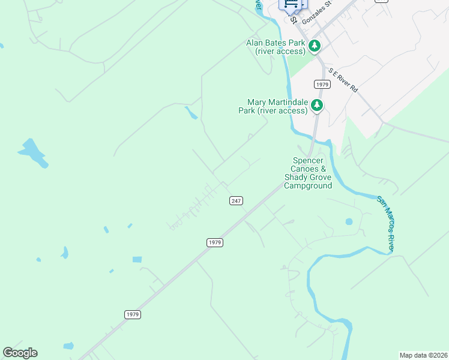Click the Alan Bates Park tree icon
314,46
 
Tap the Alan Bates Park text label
276,47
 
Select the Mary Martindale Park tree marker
316,106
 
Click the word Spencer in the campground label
307,160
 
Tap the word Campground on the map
308,186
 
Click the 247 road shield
236,200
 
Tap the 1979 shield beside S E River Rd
322,84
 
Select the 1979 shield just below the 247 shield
215,242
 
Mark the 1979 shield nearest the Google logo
133,314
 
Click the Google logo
20,353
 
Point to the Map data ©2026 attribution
423,355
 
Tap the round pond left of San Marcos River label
349,222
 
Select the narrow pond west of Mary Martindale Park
191,113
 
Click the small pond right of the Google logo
68,346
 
